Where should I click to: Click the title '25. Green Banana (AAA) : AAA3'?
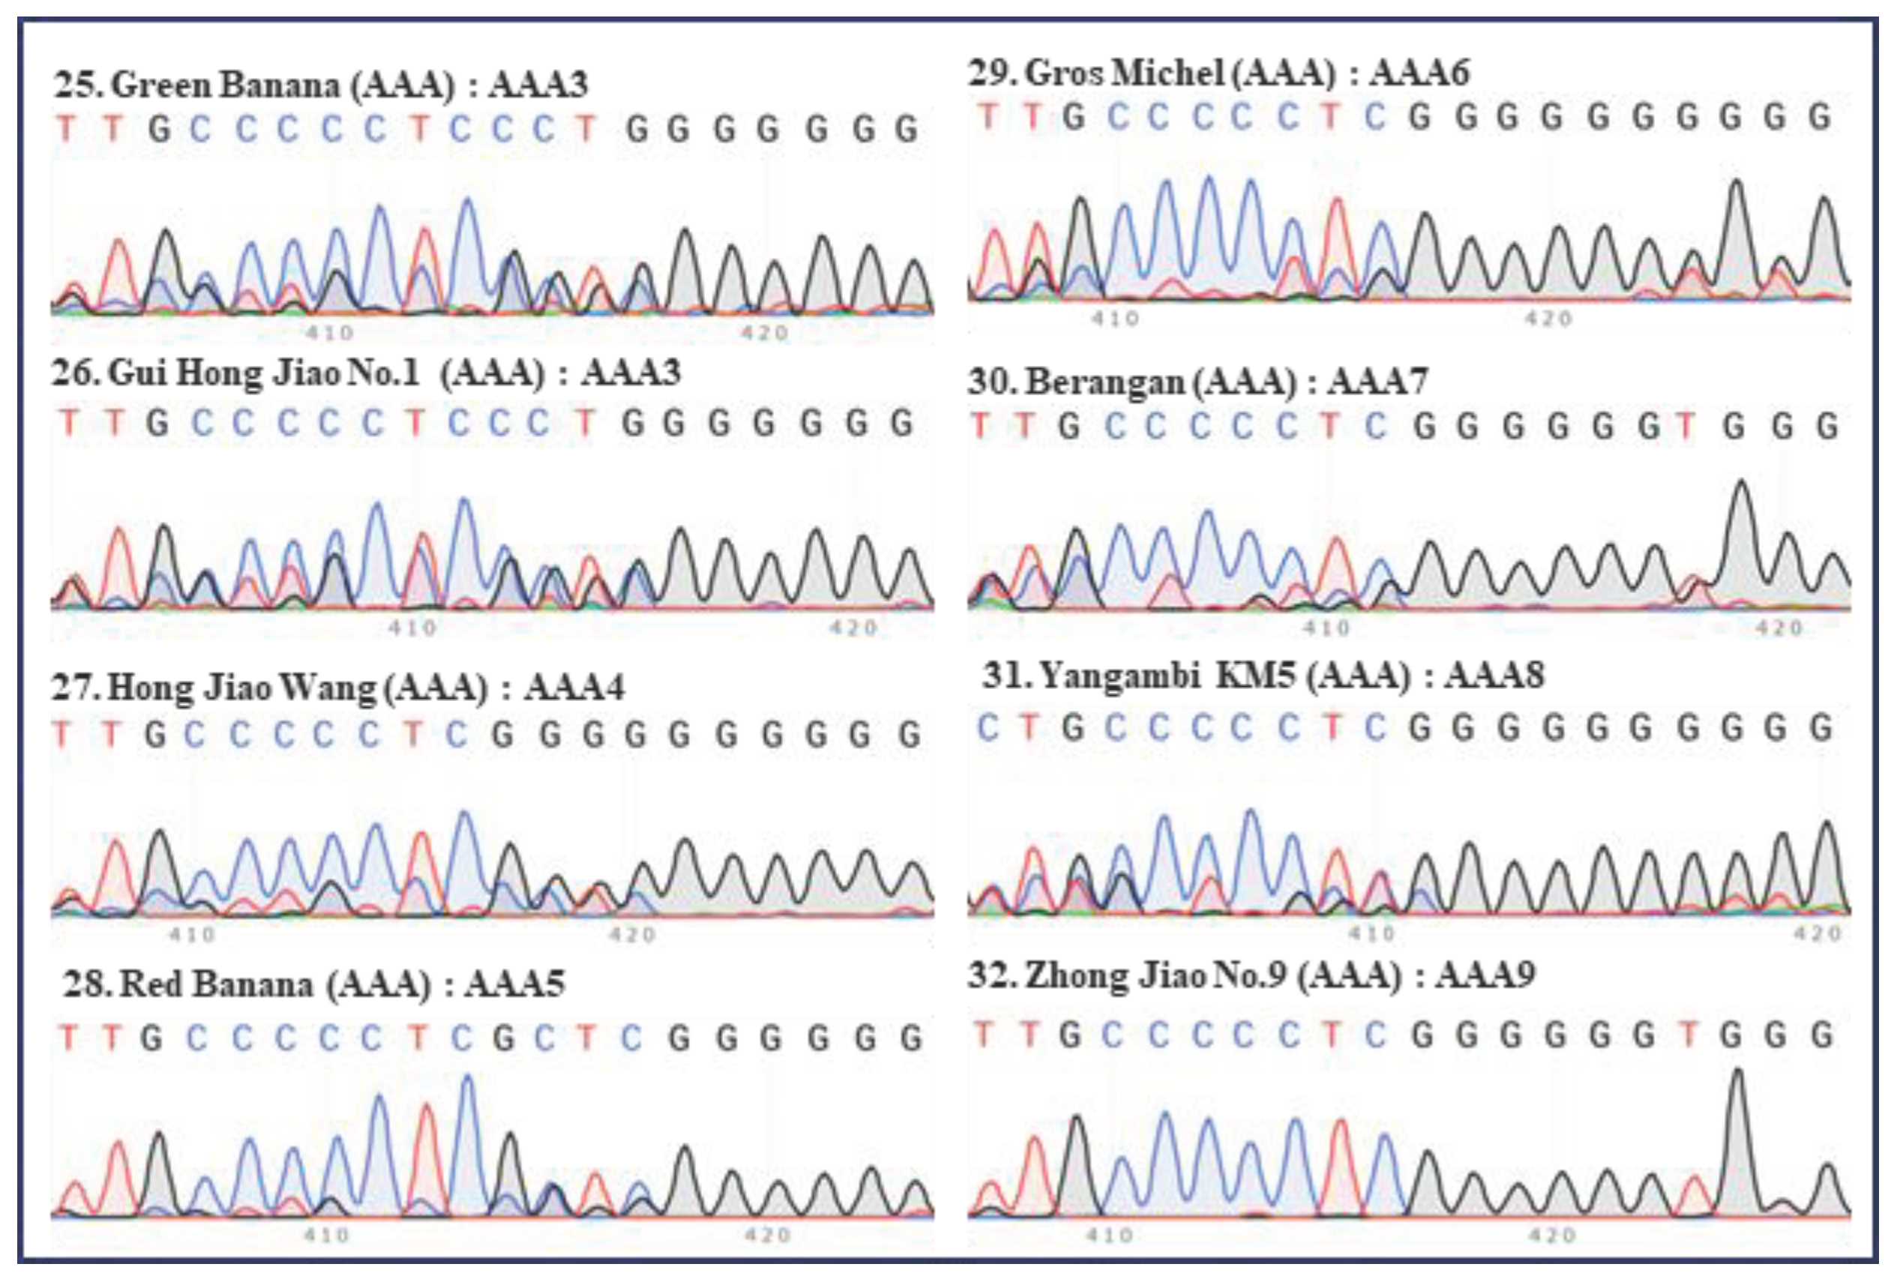pyautogui.click(x=321, y=85)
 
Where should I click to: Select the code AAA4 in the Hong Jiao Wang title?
pyautogui.click(x=574, y=688)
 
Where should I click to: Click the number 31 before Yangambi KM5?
pyautogui.click(x=999, y=675)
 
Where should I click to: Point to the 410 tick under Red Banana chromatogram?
pyautogui.click(x=327, y=1235)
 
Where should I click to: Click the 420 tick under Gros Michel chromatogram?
pyautogui.click(x=1548, y=318)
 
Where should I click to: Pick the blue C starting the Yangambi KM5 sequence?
pyautogui.click(x=987, y=727)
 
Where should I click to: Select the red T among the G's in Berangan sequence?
pyautogui.click(x=1686, y=426)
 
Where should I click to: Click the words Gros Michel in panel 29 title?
pyautogui.click(x=1125, y=73)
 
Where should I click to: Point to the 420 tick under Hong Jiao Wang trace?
pyautogui.click(x=632, y=934)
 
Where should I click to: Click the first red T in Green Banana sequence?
pyautogui.click(x=67, y=128)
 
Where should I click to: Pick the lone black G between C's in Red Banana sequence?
pyautogui.click(x=504, y=1038)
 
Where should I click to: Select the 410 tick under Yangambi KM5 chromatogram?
pyautogui.click(x=1373, y=933)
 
